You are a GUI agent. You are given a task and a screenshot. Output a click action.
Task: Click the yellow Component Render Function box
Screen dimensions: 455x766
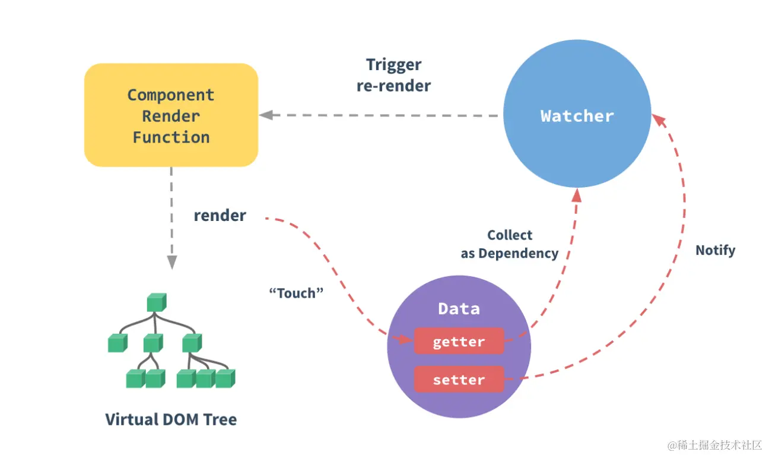(171, 115)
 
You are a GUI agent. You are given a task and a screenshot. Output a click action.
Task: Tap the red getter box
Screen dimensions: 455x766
(459, 342)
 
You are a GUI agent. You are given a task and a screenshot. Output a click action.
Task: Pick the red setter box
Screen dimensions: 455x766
(459, 380)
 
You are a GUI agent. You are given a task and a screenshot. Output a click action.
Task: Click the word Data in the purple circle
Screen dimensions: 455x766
(459, 309)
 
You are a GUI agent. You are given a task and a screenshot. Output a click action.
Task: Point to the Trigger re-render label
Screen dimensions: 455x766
(393, 75)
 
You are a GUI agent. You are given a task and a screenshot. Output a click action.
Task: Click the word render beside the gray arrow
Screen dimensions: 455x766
(220, 216)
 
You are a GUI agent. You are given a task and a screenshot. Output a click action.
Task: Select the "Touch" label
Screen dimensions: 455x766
(296, 293)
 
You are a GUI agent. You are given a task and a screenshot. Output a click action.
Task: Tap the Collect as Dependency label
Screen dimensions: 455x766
(510, 244)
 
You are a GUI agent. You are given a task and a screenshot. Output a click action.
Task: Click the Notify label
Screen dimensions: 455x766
(715, 250)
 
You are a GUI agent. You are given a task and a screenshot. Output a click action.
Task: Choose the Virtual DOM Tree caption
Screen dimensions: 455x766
(171, 419)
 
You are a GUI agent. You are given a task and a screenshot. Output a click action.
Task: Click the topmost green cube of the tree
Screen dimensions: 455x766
(156, 302)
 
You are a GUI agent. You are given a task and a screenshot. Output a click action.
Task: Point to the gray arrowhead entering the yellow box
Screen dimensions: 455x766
(265, 115)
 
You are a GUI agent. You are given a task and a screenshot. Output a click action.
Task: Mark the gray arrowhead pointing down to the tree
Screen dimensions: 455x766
(171, 262)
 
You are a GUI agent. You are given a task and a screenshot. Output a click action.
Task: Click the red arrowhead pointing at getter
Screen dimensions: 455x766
(406, 340)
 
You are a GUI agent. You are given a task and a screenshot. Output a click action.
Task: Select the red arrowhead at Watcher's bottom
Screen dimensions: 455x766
(576, 195)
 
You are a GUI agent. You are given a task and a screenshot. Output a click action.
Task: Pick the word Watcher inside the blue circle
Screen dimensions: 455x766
(577, 116)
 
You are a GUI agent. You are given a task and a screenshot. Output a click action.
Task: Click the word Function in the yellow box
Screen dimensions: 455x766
(171, 137)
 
